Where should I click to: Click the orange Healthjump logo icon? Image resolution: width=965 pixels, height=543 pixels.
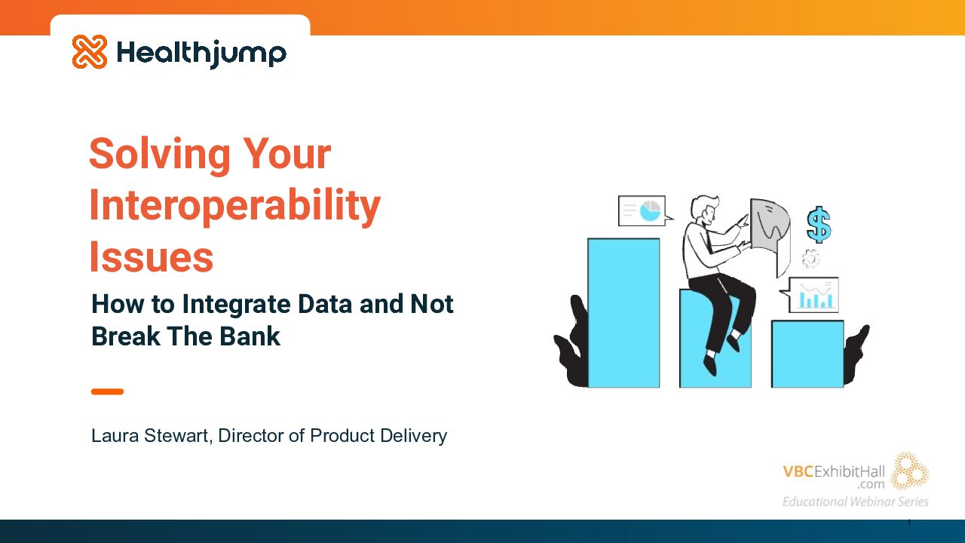point(90,52)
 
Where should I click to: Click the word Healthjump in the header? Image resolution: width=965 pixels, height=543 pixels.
point(201,54)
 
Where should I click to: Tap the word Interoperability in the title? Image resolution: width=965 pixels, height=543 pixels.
point(234,206)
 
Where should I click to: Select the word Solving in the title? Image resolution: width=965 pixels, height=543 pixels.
point(160,155)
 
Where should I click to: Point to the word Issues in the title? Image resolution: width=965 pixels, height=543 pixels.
point(152,257)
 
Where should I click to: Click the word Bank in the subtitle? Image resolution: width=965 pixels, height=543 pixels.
point(250,336)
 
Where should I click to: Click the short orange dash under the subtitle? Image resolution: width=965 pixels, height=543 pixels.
point(107,391)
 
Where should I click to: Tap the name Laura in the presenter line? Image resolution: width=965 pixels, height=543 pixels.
point(115,436)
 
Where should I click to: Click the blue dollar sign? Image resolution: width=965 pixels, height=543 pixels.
point(819,225)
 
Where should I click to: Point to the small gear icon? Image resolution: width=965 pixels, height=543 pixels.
point(810,259)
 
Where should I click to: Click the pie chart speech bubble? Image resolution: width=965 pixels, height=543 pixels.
point(644,210)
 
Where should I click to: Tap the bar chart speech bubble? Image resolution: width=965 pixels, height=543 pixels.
point(810,295)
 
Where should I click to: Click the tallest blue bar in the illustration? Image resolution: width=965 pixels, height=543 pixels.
point(623,313)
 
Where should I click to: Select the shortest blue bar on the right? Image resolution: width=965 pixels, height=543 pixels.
point(807,354)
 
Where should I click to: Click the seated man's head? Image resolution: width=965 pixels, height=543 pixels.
point(705,210)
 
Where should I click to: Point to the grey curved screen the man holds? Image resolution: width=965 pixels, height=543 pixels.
point(770,235)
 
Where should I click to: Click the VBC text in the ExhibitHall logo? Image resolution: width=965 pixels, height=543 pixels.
point(798,471)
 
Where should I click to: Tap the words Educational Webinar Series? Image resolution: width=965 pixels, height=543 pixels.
point(855,502)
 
